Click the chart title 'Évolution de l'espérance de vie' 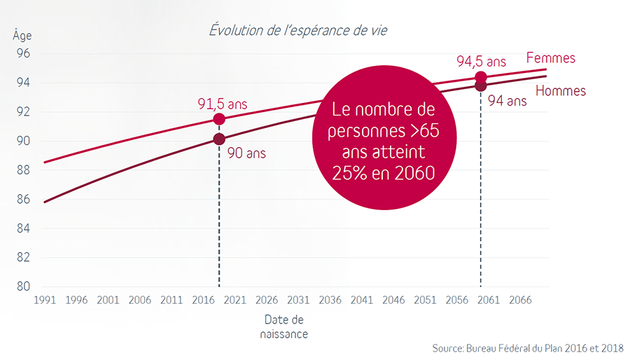(298, 31)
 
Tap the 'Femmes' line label (550, 58)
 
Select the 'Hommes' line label (561, 90)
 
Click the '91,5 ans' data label (222, 104)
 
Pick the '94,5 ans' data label (482, 62)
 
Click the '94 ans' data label (507, 101)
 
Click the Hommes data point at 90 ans (219, 139)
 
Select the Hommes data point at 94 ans (481, 85)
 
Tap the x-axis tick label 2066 (519, 300)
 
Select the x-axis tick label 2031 (298, 300)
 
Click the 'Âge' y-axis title (22, 35)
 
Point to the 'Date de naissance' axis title (286, 326)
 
